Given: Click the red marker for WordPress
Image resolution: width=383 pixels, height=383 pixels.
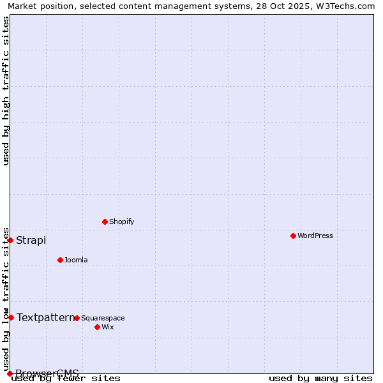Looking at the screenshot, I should point(293,236).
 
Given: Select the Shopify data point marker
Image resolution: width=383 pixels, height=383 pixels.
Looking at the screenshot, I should point(105,222).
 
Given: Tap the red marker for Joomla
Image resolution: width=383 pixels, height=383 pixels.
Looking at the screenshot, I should point(60,260).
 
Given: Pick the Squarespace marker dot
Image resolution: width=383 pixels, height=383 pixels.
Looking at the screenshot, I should point(77,318).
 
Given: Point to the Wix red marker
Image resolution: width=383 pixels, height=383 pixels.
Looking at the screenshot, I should point(97,327).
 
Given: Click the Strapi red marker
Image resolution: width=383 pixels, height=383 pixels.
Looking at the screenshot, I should point(11,240).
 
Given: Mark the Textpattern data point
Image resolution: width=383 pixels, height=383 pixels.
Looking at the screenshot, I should point(11,317).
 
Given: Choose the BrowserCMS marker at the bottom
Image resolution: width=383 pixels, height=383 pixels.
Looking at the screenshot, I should point(10,373).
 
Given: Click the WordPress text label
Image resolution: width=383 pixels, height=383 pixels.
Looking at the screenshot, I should point(315,236).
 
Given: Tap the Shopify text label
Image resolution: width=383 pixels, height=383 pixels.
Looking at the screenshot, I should point(121,222).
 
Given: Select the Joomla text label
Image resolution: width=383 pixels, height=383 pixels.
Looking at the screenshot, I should point(76,260).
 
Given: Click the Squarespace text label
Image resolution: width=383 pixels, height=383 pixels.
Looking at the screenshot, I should point(103,318).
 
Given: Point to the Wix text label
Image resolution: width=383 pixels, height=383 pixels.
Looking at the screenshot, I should point(107,327).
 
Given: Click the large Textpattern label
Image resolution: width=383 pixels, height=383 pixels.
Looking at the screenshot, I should point(45,317).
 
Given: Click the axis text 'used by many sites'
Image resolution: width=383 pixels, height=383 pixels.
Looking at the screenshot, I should point(320,379).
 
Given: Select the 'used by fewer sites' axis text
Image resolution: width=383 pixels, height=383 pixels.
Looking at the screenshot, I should point(66,379).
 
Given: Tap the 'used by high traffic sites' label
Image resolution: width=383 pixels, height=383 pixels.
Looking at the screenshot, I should point(6,91).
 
